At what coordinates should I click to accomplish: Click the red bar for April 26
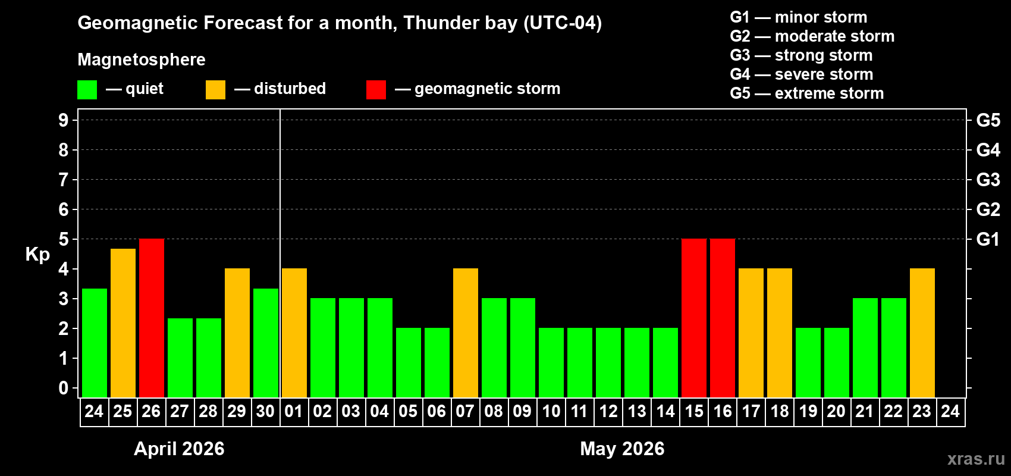152,318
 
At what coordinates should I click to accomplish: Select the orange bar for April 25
123,323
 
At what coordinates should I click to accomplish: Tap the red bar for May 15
694,318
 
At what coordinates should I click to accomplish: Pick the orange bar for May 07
466,333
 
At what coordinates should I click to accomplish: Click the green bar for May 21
865,348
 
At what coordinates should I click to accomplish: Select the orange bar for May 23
922,333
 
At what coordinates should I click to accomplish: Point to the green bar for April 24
95,343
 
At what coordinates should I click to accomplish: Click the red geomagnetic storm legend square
376,90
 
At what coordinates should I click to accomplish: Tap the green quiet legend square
87,90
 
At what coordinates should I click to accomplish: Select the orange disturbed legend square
215,90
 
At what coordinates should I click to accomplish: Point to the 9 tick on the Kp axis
64,120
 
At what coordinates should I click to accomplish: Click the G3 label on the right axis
988,180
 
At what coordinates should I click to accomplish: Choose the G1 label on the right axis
988,239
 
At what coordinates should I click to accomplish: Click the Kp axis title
37,254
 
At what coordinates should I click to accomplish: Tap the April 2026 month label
179,449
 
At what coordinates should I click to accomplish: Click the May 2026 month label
622,449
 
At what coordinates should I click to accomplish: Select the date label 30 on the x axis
265,412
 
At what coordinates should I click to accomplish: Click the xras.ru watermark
976,459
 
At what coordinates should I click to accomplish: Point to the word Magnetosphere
142,59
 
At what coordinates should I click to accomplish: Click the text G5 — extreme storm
806,93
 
